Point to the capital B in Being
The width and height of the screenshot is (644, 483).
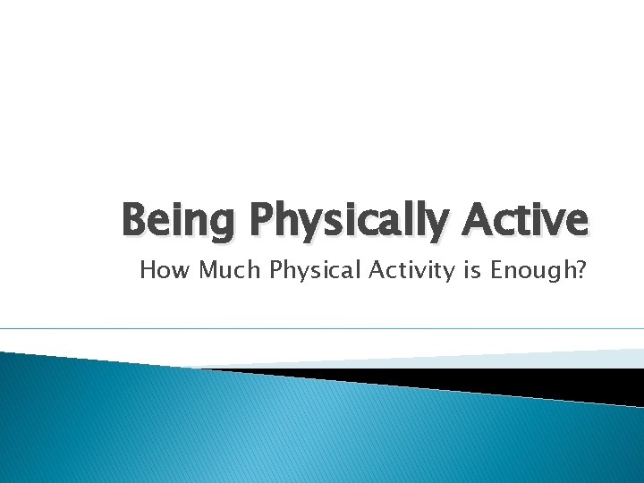click(x=135, y=220)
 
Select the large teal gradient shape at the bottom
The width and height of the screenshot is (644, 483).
click(x=268, y=429)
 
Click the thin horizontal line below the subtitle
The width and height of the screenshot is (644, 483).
click(x=322, y=328)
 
